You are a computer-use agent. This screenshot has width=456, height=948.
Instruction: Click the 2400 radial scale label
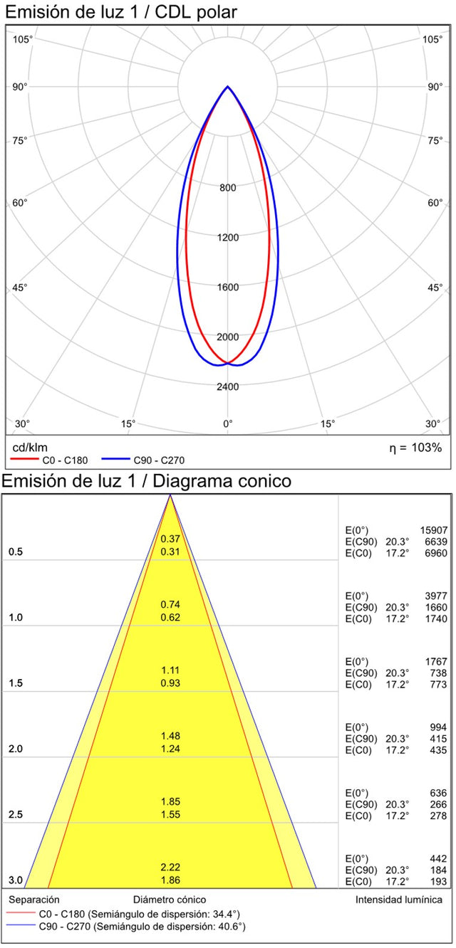click(x=228, y=387)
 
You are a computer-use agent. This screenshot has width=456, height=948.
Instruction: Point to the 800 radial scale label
click(x=228, y=188)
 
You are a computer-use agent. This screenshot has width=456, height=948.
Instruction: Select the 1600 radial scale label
click(x=228, y=288)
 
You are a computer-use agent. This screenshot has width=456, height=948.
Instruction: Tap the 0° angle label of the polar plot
click(x=228, y=424)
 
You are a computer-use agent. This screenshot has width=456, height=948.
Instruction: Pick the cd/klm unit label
click(x=29, y=448)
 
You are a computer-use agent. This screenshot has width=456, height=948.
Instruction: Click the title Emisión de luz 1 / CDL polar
click(x=122, y=12)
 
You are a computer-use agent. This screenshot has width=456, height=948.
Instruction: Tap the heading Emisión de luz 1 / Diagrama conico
click(x=146, y=482)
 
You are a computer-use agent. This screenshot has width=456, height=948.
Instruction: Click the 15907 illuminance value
click(x=434, y=530)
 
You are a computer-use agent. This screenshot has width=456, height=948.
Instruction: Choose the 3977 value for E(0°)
click(x=436, y=596)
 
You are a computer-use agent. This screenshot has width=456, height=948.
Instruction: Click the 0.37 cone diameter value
click(x=170, y=539)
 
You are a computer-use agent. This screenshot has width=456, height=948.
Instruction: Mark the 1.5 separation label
click(x=16, y=684)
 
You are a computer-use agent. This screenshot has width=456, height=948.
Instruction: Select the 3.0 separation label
click(x=16, y=881)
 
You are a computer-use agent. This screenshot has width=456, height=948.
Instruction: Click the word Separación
click(x=34, y=900)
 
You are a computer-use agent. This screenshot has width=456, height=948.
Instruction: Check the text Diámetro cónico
click(x=170, y=900)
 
